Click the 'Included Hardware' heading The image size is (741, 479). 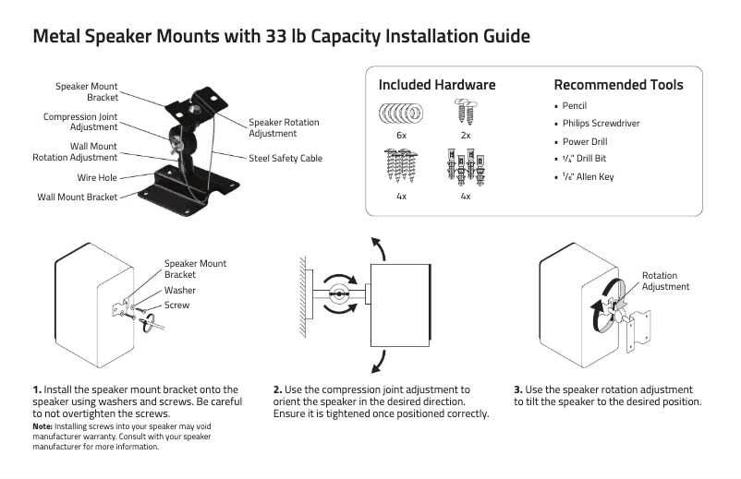point(437,85)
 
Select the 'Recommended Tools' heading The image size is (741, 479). point(618,85)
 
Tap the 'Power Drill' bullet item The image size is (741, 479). point(585,142)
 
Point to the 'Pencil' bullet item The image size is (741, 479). point(575,106)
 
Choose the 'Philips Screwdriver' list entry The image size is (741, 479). point(601,124)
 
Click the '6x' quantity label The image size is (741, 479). point(401,136)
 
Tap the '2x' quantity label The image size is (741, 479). point(465,136)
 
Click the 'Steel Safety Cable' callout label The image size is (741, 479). point(285,159)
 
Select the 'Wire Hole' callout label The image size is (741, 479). point(97,178)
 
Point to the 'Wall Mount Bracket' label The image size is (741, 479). point(78,198)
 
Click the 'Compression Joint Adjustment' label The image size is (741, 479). point(80,123)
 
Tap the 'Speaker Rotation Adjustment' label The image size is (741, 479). point(284,128)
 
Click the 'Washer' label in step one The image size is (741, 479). point(180,291)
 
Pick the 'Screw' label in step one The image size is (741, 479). point(176,305)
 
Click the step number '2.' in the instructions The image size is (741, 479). point(277,390)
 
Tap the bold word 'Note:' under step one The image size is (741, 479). point(43,426)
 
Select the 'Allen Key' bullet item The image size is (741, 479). point(591,177)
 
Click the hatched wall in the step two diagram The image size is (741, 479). point(301,295)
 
